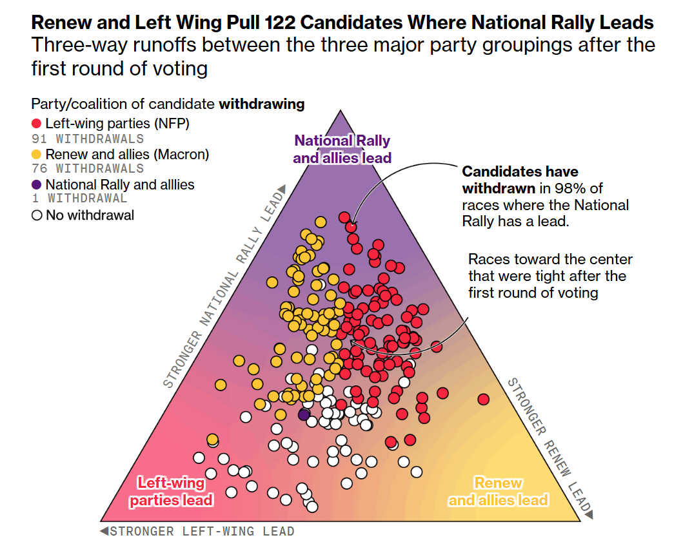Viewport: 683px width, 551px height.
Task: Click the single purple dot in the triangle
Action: point(304,414)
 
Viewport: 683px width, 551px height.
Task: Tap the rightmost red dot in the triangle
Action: point(484,400)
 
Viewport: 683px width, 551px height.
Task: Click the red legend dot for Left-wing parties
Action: point(37,123)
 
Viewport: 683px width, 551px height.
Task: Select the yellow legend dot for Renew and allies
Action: point(37,154)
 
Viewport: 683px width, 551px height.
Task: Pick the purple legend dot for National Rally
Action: point(37,184)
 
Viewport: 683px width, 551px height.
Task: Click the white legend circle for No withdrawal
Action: point(37,215)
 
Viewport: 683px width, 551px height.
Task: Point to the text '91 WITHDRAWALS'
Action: point(87,139)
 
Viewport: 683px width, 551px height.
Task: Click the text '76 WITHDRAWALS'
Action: point(87,169)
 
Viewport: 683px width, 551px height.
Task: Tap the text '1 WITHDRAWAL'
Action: point(79,199)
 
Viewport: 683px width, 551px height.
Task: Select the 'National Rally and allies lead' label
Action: point(342,149)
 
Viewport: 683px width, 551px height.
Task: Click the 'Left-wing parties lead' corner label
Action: point(171,491)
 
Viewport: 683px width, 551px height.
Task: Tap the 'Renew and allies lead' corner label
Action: point(498,491)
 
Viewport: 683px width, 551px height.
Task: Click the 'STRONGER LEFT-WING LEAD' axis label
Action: point(202,532)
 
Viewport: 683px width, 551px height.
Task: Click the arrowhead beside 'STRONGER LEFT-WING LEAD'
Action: point(103,532)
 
